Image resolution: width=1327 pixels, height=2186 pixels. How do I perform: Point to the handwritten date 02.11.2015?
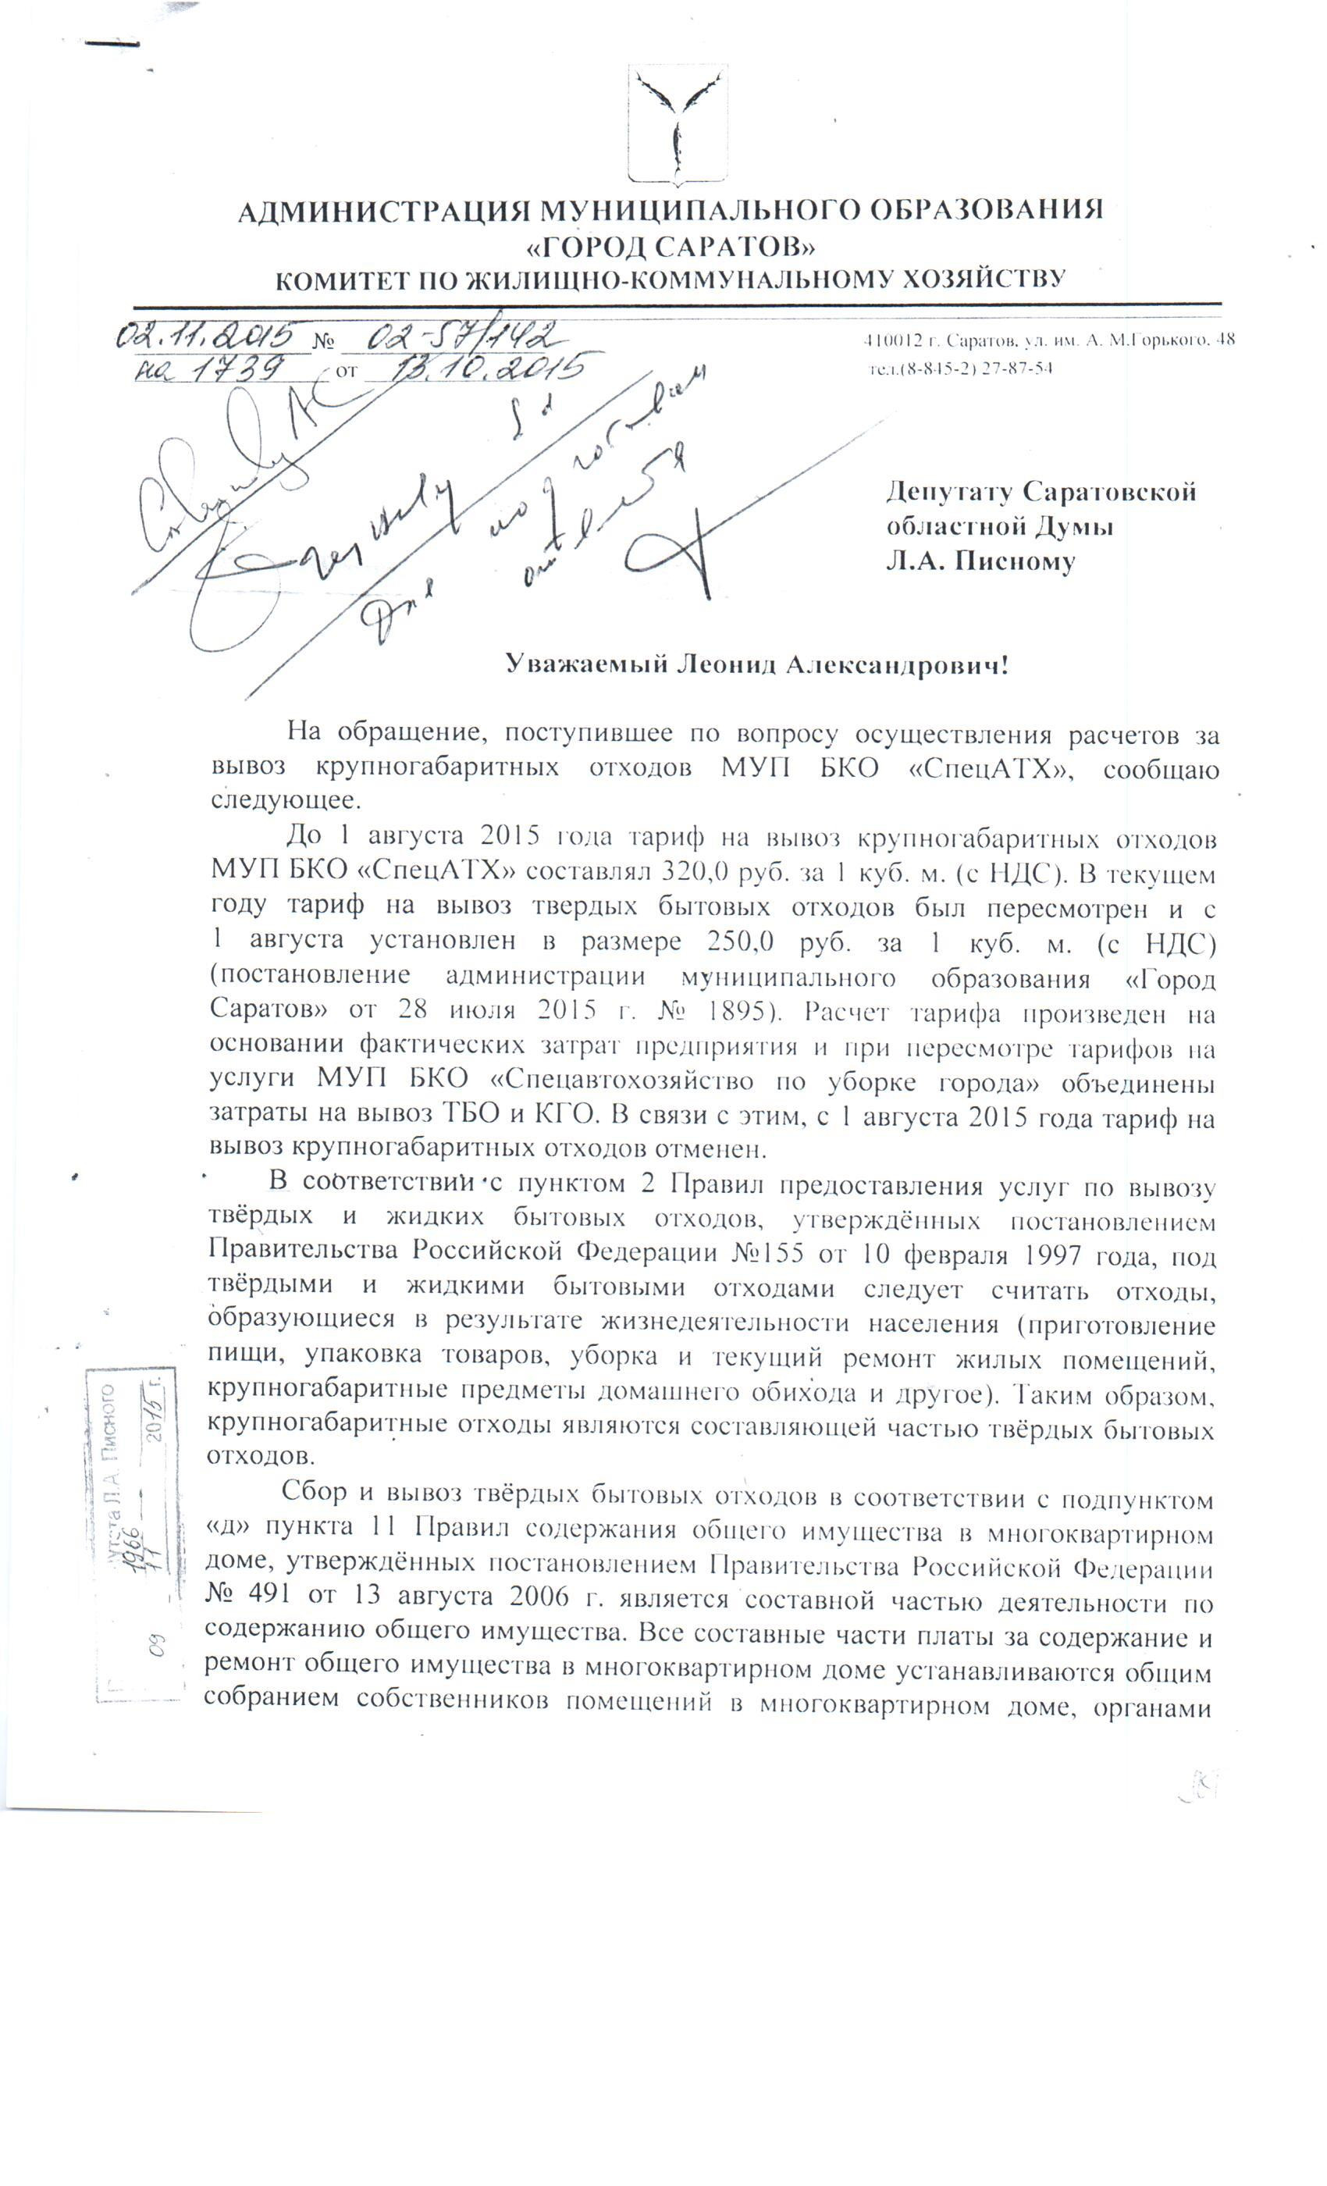pyautogui.click(x=210, y=336)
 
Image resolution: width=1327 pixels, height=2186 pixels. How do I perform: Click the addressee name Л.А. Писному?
pyautogui.click(x=980, y=561)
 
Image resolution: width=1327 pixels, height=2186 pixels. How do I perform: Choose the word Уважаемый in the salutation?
pyautogui.click(x=585, y=664)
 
